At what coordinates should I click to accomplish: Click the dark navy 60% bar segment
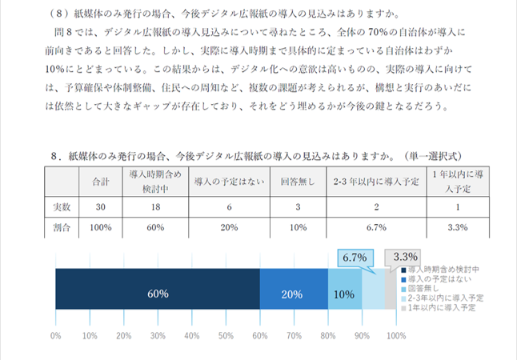pyautogui.click(x=158, y=293)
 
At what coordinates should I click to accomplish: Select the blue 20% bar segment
pyautogui.click(x=294, y=293)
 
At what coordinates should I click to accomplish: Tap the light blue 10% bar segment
pyautogui.click(x=344, y=293)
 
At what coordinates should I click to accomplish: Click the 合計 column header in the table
pyautogui.click(x=101, y=181)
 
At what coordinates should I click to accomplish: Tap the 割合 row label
pyautogui.click(x=62, y=227)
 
